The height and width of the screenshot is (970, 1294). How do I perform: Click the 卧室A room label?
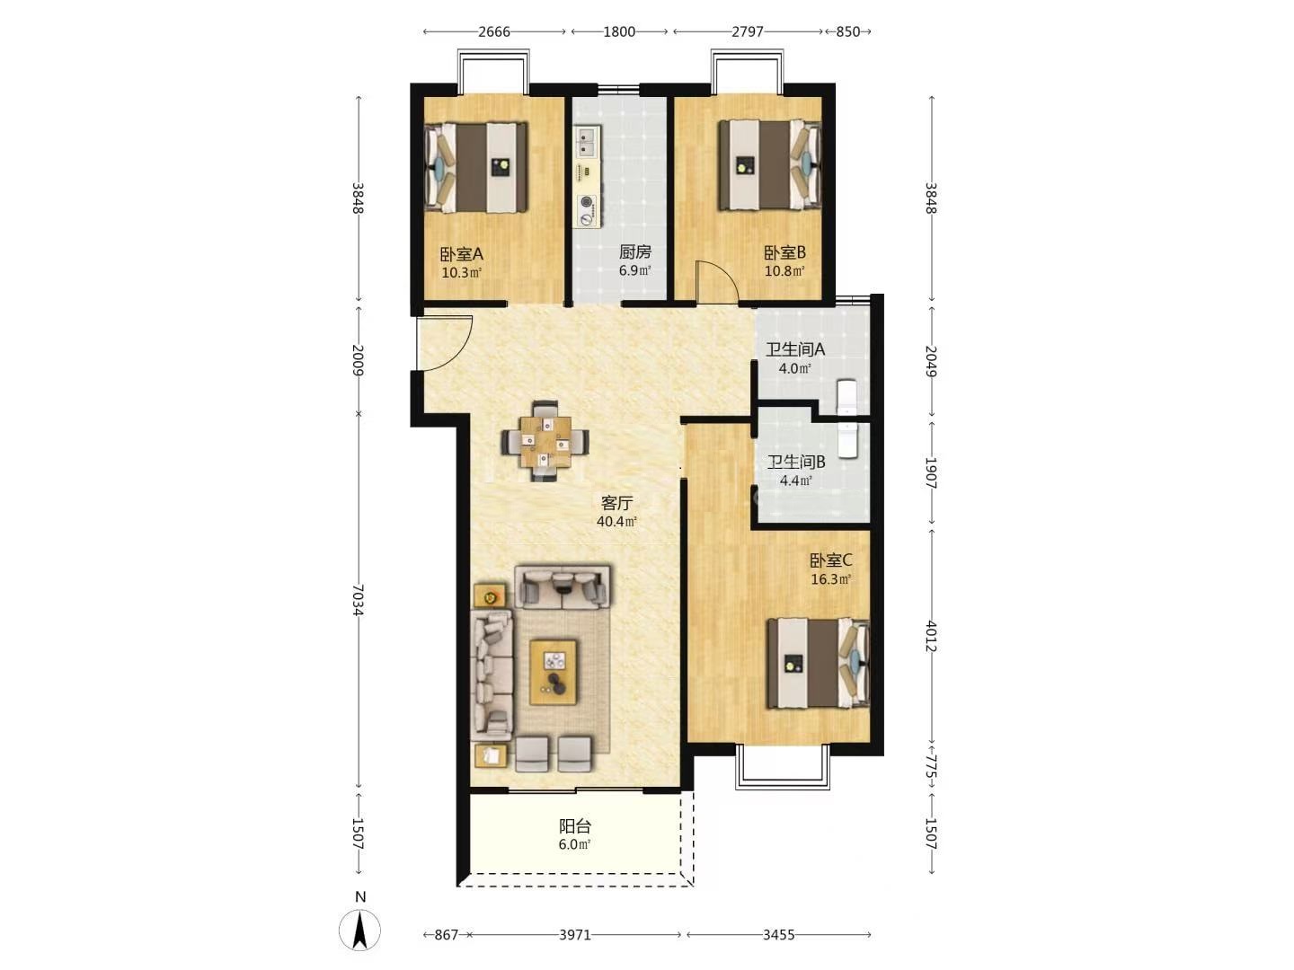[x=461, y=254]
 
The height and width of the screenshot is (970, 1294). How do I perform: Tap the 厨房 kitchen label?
[x=634, y=252]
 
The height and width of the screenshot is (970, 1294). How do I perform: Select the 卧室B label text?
[x=784, y=253]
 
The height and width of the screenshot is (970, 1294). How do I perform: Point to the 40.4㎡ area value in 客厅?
[x=616, y=522]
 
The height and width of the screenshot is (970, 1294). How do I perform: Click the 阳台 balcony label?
[x=575, y=826]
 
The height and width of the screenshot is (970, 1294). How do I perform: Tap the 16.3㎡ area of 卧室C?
[x=830, y=579]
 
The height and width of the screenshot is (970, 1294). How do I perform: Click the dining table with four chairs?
[x=545, y=442]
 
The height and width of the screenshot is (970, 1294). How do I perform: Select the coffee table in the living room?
[x=553, y=673]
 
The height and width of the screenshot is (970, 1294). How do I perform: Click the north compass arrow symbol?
[x=359, y=930]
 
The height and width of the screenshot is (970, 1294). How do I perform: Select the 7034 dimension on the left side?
[x=358, y=600]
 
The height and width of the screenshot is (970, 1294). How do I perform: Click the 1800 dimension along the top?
[x=619, y=31]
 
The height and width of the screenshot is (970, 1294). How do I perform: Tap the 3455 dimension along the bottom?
[x=779, y=935]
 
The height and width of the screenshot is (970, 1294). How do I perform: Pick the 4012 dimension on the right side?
[x=931, y=637]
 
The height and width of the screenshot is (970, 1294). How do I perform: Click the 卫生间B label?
[x=795, y=463]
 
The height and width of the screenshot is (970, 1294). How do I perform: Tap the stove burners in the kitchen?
[x=587, y=210]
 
